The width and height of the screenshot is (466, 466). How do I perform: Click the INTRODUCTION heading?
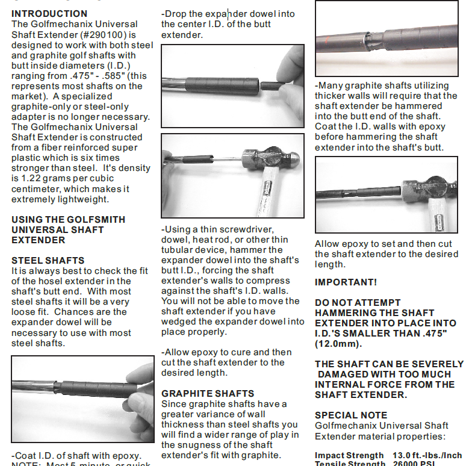49,13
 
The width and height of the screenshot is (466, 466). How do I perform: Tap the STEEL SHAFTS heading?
48,260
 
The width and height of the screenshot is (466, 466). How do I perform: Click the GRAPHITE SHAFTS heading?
208,393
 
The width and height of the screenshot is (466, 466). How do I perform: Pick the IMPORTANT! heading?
346,282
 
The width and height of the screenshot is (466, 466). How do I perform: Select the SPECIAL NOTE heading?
351,415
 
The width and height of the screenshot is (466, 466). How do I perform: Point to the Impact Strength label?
349,455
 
